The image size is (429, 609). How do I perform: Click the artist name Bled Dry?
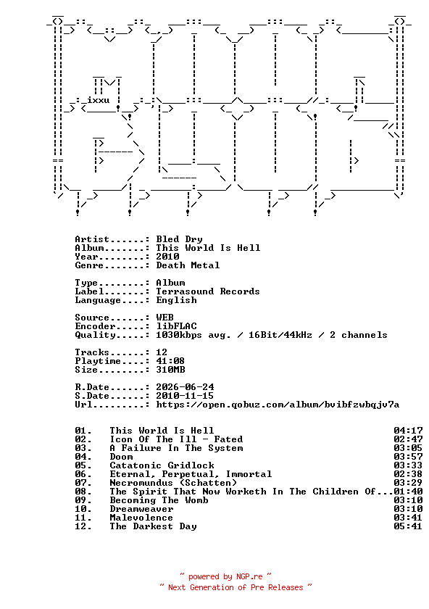coord(180,239)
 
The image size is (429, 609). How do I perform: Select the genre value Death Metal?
coord(188,265)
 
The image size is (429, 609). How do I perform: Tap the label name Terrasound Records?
coord(208,291)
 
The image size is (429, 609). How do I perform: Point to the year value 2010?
coord(167,257)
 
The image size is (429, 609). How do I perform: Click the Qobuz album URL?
coord(278,405)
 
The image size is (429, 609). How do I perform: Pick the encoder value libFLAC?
coord(176,326)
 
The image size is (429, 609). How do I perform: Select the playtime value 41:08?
coord(170,361)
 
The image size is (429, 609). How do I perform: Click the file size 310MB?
coord(170,370)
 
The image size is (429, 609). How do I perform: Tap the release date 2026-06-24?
coord(185,387)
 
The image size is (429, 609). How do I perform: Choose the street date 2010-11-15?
coord(185,396)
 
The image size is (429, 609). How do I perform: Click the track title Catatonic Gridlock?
coord(162,465)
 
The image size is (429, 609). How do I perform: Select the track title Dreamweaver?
coord(142,509)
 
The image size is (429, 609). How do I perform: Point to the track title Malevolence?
coord(141,518)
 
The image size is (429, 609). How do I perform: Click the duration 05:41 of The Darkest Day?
coord(408,526)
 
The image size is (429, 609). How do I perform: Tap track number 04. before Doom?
coord(83,457)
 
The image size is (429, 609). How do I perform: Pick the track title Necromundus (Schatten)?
coord(173,483)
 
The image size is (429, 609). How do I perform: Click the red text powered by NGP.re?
coord(225,576)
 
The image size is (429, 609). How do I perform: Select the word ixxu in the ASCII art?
coord(99,100)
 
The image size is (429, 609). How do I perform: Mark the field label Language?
coord(99,300)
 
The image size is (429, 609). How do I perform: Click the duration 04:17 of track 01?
coord(408,431)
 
